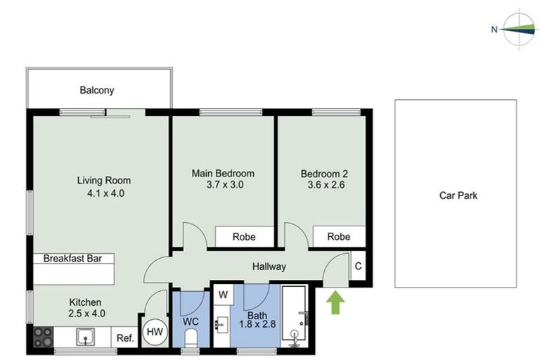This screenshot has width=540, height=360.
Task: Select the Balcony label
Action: click(96, 90)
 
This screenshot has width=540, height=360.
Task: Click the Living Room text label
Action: click(104, 180)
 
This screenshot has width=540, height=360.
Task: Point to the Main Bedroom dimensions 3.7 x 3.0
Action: click(223, 185)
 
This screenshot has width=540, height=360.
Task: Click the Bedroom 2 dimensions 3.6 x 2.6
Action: click(323, 185)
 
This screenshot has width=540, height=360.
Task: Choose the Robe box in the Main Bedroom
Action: click(244, 237)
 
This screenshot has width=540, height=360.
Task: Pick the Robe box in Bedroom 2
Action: click(339, 237)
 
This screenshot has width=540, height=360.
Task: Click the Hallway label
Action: click(269, 266)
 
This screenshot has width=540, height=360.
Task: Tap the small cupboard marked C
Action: click(358, 266)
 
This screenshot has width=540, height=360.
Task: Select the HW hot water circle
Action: click(154, 332)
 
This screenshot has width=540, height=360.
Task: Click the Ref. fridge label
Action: click(125, 338)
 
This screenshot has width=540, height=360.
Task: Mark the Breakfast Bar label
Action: click(73, 259)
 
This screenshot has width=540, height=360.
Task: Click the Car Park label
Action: click(458, 195)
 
